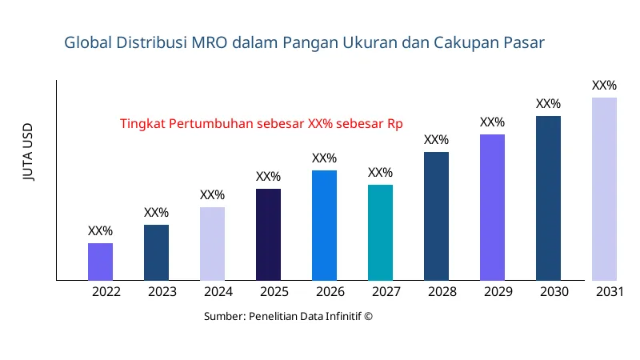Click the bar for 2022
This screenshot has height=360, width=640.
[x=100, y=262]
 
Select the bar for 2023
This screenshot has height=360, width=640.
[x=156, y=253]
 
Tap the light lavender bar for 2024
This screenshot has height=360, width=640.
[x=212, y=244]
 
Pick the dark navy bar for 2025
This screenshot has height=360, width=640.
[x=268, y=234]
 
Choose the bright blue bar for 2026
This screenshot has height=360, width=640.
[x=324, y=226]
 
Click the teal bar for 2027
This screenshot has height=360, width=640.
[x=380, y=233]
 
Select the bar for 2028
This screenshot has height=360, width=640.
[x=436, y=216]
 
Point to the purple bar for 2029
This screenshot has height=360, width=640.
[x=492, y=207]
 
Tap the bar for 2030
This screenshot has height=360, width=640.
[x=548, y=198]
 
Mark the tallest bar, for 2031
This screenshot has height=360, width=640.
[x=604, y=189]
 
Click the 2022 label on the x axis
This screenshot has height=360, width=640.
[x=106, y=292]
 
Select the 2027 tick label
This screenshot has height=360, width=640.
[x=386, y=292]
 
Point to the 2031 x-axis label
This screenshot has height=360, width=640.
[x=610, y=292]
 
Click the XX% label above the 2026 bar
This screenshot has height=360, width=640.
[x=324, y=158]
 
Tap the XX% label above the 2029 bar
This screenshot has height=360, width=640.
[x=492, y=122]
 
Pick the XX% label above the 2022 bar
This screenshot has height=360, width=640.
[x=100, y=231]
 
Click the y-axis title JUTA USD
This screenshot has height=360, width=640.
[x=29, y=152]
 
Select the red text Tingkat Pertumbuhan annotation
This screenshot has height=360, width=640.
[x=261, y=124]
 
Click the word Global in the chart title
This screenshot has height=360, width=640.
[x=86, y=43]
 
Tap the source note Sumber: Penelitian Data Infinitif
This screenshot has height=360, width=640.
[x=288, y=316]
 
